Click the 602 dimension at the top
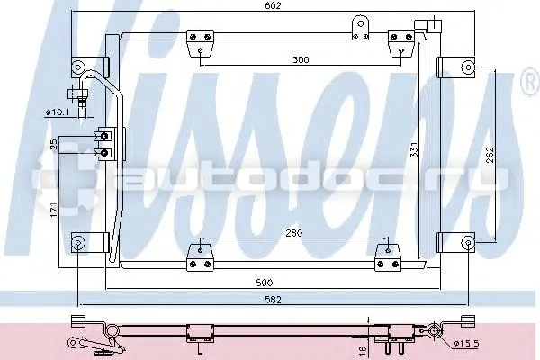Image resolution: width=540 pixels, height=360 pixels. coord(274,5)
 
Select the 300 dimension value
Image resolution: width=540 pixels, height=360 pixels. coord(301,60)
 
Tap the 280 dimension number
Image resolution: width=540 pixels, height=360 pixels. coord(294,233)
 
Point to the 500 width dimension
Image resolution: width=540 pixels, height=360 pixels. coord(265,283)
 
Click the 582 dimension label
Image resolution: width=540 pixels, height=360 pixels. coord(273,300)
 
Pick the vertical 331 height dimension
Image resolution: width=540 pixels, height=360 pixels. coord(414,150)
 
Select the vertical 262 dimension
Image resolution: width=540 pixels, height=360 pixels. coord(490,155)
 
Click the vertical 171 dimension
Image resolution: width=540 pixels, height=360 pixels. coord(54,210)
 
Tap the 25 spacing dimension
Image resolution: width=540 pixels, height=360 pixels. coord(54,144)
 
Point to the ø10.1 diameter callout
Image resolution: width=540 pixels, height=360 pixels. coord(58,112)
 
